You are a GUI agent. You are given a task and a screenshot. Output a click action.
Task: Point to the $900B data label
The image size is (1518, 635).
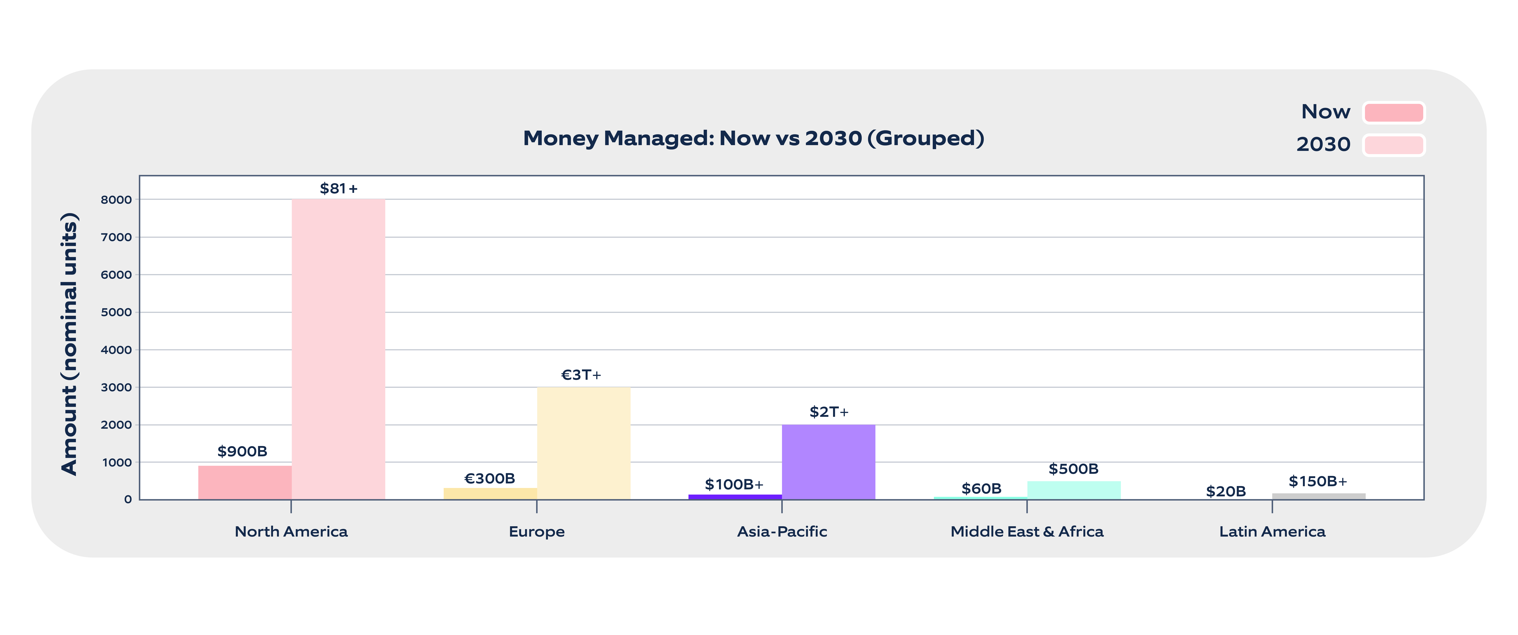click(x=242, y=451)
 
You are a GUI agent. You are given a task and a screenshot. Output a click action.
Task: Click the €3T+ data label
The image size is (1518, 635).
click(x=581, y=375)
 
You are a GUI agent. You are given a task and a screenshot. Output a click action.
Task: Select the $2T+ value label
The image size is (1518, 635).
click(x=829, y=412)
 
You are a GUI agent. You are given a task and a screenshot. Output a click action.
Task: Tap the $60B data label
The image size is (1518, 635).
click(x=981, y=488)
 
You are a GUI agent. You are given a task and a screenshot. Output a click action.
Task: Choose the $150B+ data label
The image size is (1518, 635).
click(x=1318, y=481)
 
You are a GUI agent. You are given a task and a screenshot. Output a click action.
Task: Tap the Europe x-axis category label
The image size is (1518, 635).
click(x=536, y=531)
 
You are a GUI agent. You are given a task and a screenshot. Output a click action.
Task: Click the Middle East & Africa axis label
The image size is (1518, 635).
click(x=1026, y=531)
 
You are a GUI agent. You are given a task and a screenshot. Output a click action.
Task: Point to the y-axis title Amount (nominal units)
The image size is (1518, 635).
click(x=70, y=343)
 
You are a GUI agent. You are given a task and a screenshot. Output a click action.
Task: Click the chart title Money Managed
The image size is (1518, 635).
click(x=753, y=138)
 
